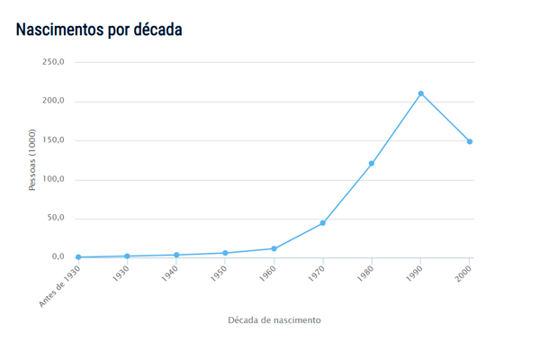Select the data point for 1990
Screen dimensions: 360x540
click(x=420, y=94)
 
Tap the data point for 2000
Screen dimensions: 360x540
click(x=470, y=141)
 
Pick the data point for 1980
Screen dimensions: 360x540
click(x=372, y=164)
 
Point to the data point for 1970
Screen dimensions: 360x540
click(x=322, y=223)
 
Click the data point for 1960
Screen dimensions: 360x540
click(x=274, y=248)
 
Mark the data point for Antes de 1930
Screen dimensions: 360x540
click(x=78, y=257)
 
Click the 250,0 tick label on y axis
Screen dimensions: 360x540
click(x=53, y=62)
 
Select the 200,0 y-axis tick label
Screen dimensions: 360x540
click(x=53, y=101)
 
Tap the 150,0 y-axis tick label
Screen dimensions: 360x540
click(x=53, y=140)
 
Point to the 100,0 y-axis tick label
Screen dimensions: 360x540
click(x=53, y=179)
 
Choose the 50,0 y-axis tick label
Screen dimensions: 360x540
click(x=55, y=218)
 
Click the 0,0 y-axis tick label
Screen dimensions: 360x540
click(x=58, y=256)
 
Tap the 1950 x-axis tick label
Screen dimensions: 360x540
click(x=217, y=274)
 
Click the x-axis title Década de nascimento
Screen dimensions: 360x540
click(x=274, y=319)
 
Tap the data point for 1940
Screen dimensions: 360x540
click(x=176, y=255)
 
